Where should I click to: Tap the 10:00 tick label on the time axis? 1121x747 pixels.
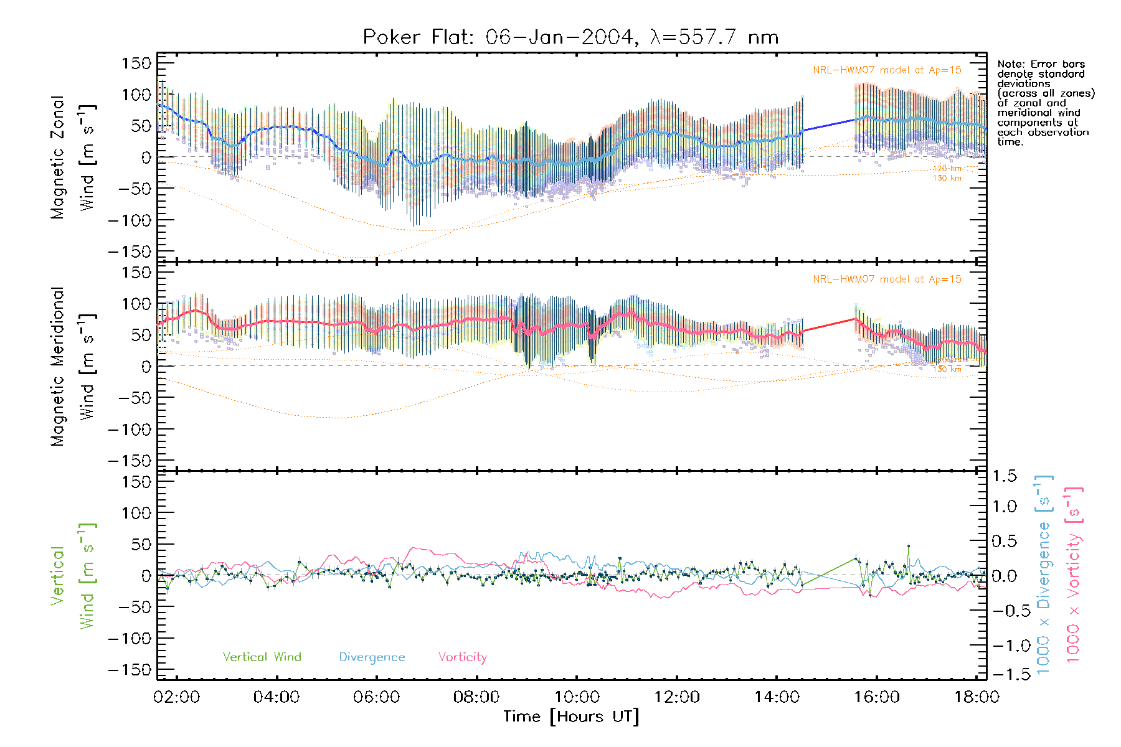pyautogui.click(x=577, y=697)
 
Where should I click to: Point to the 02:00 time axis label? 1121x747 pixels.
pyautogui.click(x=177, y=697)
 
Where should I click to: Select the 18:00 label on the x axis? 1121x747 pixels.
pyautogui.click(x=977, y=697)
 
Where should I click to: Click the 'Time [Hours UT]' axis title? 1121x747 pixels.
pyautogui.click(x=571, y=716)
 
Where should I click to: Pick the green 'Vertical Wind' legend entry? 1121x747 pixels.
pyautogui.click(x=262, y=657)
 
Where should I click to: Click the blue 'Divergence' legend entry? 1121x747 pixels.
pyautogui.click(x=372, y=657)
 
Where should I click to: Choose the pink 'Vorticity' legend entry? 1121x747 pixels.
pyautogui.click(x=462, y=657)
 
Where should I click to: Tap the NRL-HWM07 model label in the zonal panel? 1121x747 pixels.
pyautogui.click(x=887, y=70)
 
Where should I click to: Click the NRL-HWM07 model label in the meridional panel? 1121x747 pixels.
pyautogui.click(x=887, y=280)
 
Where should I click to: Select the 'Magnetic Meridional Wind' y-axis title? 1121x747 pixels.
pyautogui.click(x=72, y=366)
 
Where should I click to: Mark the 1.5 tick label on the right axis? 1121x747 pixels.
pyautogui.click(x=1004, y=476)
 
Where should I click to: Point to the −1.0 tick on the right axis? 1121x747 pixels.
pyautogui.click(x=1004, y=646)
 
